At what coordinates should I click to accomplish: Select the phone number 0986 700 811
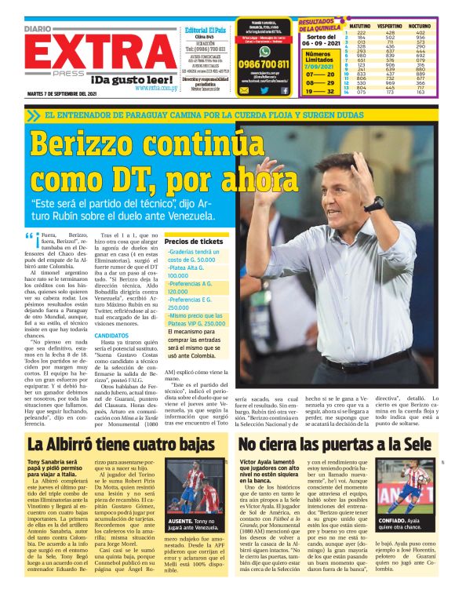click(x=263, y=64)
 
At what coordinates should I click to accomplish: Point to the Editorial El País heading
click(x=205, y=29)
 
